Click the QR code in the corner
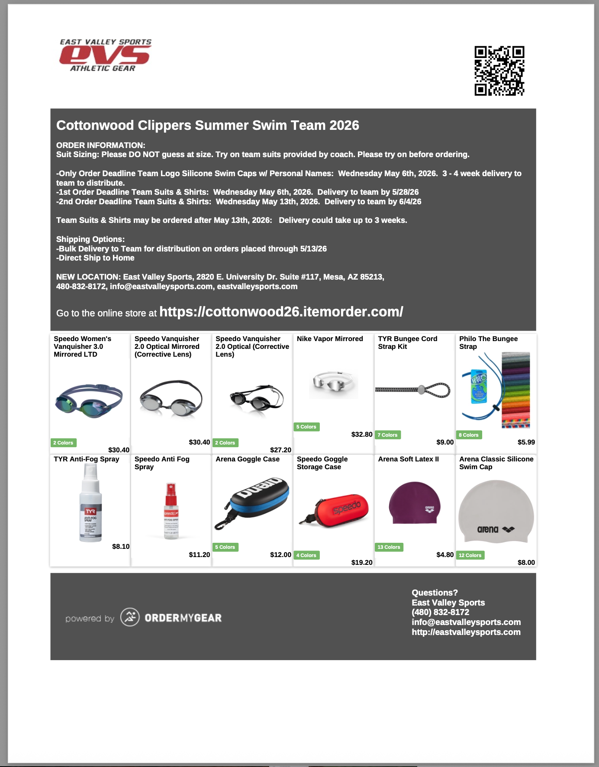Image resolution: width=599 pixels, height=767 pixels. coord(499,71)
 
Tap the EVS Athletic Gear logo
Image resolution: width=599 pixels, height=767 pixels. coord(105,55)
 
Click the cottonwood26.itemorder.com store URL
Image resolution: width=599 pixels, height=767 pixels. coord(281,312)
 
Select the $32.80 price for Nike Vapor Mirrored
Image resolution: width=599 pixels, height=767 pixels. coord(362,434)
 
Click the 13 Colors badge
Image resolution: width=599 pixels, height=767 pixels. coord(389,547)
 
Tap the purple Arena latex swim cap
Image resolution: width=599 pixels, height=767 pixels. coord(415,503)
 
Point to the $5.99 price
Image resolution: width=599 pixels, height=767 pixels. coord(526,442)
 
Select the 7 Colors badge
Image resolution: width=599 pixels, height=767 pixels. coord(387,435)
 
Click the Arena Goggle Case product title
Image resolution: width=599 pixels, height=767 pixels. coord(248,459)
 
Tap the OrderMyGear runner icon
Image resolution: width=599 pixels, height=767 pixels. coord(130,617)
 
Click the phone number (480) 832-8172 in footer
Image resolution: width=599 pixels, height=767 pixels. coord(440,612)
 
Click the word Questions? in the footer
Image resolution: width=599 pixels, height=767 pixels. coord(435,593)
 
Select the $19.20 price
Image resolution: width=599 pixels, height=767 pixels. coord(362,562)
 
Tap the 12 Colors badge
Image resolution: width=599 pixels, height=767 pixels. coord(470,555)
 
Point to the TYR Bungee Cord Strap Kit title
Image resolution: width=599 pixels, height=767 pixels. coord(407,342)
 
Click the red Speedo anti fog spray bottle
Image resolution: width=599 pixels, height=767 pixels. coord(171,511)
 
